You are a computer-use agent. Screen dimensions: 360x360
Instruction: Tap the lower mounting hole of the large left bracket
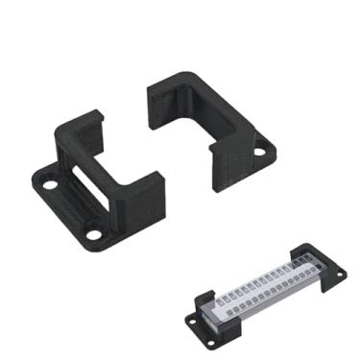click(94, 234)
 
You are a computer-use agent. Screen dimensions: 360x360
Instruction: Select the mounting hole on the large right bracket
click(260, 150)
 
